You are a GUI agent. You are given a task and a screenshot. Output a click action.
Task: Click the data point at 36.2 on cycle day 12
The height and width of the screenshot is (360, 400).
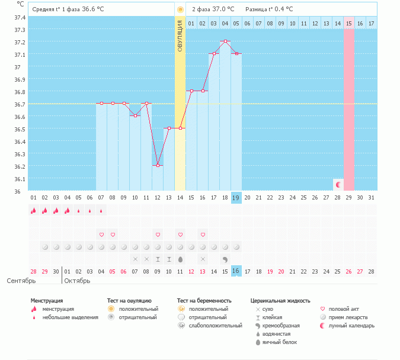click(158, 166)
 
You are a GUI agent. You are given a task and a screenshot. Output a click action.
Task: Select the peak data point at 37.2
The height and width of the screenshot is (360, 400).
click(225, 41)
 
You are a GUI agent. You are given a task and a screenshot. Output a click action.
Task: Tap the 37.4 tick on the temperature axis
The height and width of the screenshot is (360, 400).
click(20, 17)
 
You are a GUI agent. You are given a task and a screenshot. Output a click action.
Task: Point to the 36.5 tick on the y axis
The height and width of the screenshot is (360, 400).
click(20, 129)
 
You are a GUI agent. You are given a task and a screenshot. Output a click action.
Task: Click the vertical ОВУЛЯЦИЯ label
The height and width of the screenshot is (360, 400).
click(180, 36)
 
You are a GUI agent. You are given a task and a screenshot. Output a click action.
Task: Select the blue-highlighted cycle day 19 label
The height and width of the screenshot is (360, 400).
click(236, 198)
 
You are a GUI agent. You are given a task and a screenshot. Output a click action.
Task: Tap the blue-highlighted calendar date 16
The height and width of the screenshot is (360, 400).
click(236, 271)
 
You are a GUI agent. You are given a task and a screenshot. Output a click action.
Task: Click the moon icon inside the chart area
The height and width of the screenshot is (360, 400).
click(338, 185)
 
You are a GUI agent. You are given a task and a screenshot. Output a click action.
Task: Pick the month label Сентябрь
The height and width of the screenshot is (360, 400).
click(21, 281)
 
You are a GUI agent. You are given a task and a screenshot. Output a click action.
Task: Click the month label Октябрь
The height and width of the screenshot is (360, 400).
click(77, 281)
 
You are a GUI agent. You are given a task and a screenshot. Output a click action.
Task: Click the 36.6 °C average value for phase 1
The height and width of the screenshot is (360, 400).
click(97, 9)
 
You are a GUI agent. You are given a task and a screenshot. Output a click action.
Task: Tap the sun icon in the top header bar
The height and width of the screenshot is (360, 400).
click(180, 9)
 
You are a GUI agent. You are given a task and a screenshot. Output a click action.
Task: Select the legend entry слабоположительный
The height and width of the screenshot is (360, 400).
click(216, 326)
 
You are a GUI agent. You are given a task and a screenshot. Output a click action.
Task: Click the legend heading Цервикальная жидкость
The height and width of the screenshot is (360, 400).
click(280, 301)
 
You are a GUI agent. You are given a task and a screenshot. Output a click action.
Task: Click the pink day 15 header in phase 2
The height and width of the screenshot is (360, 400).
click(348, 23)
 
